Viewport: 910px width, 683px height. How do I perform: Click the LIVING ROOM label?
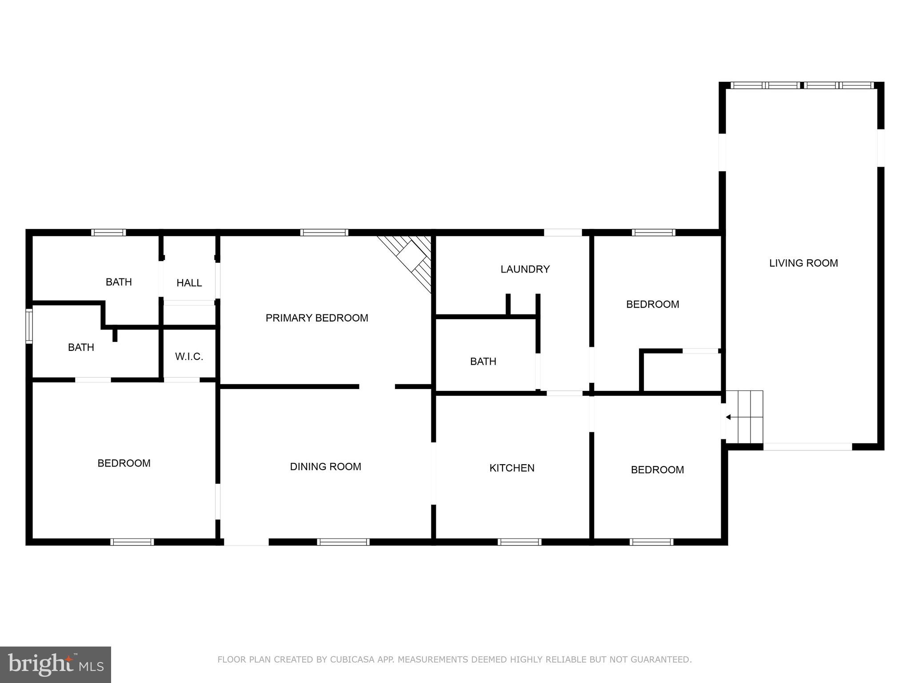pyautogui.click(x=803, y=263)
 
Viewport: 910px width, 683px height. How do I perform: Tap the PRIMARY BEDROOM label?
pyautogui.click(x=317, y=318)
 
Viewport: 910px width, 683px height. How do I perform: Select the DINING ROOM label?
pyautogui.click(x=325, y=466)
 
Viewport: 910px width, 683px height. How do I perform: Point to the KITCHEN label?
pyautogui.click(x=512, y=468)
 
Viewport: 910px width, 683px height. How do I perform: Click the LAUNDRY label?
pyautogui.click(x=525, y=269)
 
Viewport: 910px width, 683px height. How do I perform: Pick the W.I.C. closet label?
pyautogui.click(x=189, y=357)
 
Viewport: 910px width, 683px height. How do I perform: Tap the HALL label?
pyautogui.click(x=189, y=283)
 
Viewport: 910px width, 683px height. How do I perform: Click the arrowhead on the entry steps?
pyautogui.click(x=728, y=417)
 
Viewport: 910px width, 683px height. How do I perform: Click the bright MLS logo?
pyautogui.click(x=56, y=664)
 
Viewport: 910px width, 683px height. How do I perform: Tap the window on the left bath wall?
pyautogui.click(x=29, y=326)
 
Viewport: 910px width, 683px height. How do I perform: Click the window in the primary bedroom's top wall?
pyautogui.click(x=324, y=233)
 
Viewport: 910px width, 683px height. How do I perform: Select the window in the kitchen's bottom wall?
pyautogui.click(x=519, y=542)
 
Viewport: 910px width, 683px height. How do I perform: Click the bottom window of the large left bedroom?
pyautogui.click(x=132, y=542)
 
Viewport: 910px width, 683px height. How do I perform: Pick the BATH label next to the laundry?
pyautogui.click(x=483, y=362)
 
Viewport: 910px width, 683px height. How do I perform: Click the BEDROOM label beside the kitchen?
pyautogui.click(x=657, y=470)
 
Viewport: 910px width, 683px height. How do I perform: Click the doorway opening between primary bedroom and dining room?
pyautogui.click(x=377, y=386)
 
